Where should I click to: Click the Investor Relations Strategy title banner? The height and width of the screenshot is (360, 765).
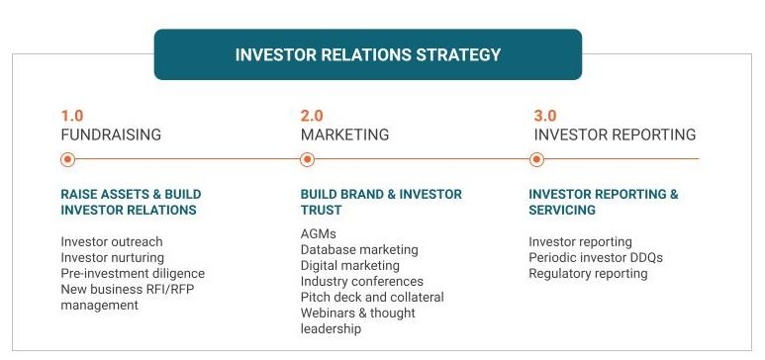(x=367, y=54)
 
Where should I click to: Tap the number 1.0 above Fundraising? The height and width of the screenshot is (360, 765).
(x=72, y=116)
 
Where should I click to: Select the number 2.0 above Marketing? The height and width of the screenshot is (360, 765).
(x=312, y=116)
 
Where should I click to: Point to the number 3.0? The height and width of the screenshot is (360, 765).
(x=544, y=116)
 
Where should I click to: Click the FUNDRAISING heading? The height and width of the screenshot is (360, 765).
(x=111, y=135)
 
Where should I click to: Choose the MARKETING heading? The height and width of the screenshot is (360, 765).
(x=344, y=135)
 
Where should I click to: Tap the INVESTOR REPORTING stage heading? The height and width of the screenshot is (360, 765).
(x=615, y=135)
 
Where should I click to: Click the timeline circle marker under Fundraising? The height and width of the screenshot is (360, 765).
(x=67, y=159)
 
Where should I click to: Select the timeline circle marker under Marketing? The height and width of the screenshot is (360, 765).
(x=307, y=159)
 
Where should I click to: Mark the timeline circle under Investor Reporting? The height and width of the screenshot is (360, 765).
(x=536, y=159)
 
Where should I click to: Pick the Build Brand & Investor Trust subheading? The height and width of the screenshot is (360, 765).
(x=381, y=202)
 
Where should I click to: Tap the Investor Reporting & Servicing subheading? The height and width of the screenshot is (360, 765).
(x=604, y=202)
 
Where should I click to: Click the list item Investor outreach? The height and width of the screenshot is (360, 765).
(x=112, y=241)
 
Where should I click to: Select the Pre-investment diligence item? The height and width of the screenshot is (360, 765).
(x=133, y=273)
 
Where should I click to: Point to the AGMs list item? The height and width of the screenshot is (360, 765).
(x=319, y=233)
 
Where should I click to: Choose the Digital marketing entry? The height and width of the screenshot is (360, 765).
(x=350, y=265)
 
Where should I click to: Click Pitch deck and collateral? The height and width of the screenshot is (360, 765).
(x=372, y=297)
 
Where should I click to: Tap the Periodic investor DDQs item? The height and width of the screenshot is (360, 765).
(x=596, y=257)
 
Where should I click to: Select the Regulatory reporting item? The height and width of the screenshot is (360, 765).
(x=588, y=273)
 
